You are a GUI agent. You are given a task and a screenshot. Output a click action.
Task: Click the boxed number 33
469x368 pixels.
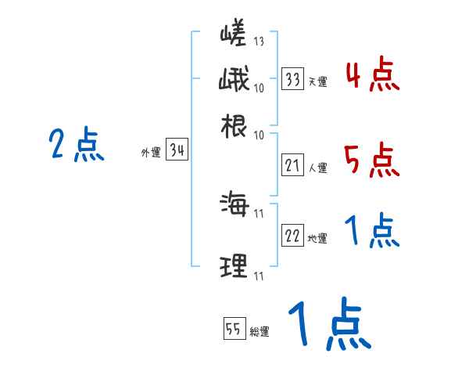coord(293,79)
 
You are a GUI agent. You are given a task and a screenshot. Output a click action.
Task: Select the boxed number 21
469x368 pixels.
coord(293,165)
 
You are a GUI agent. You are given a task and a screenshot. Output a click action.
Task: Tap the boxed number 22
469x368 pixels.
coord(293,236)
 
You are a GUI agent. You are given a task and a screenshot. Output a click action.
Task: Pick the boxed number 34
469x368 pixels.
coord(177,151)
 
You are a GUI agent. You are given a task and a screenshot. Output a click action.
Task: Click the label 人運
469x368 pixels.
coord(317,168)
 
